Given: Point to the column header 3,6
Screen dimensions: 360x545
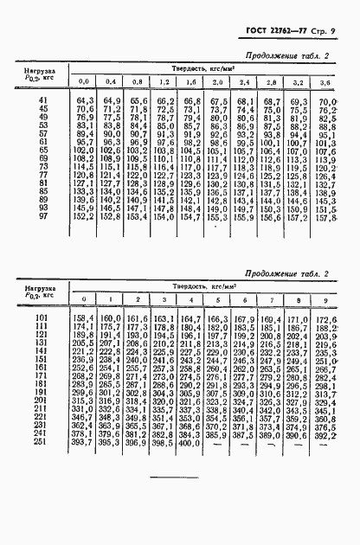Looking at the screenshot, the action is click(x=325, y=82).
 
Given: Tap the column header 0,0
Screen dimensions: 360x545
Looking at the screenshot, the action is click(x=85, y=82).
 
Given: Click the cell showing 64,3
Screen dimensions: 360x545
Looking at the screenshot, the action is click(x=85, y=103).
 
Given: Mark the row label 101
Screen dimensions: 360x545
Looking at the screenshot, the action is click(x=42, y=321).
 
